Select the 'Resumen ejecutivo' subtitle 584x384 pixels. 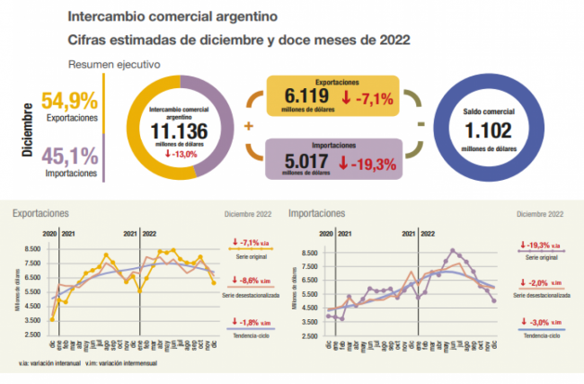[114, 65]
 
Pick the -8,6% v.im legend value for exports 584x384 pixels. [249, 280]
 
